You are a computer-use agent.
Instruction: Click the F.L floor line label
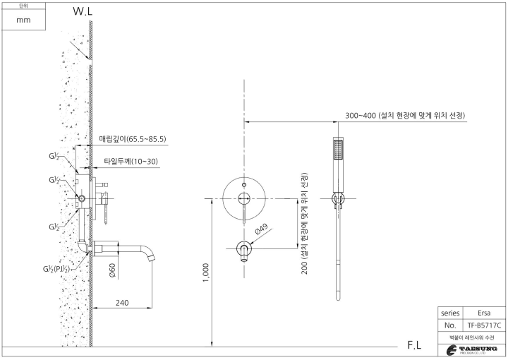coord(414,345)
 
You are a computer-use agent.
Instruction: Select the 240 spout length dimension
coord(122,302)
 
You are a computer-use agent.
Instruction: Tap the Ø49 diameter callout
coord(261,229)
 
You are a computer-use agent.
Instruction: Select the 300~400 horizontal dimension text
coord(409,114)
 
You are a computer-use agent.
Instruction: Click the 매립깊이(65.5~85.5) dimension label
coord(132,139)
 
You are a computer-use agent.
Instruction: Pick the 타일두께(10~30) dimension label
coord(131,162)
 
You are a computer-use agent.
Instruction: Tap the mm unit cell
coord(23,20)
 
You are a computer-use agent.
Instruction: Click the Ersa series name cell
coord(485,313)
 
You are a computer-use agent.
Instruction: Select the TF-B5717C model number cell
coord(485,325)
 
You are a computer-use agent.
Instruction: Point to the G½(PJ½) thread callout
coord(56,269)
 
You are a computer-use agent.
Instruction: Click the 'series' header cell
coord(450,313)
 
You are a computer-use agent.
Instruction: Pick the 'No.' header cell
coord(450,325)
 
